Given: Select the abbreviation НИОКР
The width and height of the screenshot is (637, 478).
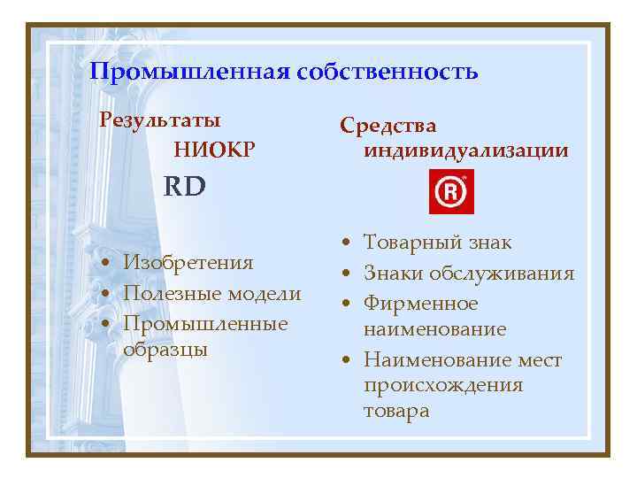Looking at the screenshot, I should [215, 150].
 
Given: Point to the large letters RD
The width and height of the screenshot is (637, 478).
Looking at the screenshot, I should [184, 186].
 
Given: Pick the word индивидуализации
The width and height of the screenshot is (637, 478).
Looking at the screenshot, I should [465, 150].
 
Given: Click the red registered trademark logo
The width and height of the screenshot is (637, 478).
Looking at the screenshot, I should [451, 192].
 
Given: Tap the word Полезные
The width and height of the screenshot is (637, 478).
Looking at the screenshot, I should [170, 293].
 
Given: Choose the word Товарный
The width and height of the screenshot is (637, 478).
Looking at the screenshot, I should [412, 243].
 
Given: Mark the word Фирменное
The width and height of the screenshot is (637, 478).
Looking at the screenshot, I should [420, 304].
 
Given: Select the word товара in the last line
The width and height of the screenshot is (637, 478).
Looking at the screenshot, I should [395, 411].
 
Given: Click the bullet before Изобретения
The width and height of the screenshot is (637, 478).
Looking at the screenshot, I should [105, 264].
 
